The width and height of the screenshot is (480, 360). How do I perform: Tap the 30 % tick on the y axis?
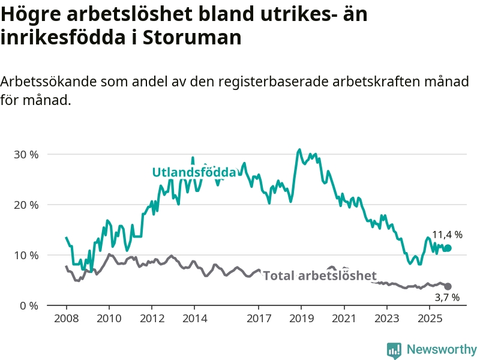[x=26, y=154]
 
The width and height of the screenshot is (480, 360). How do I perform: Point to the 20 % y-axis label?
[x=26, y=205]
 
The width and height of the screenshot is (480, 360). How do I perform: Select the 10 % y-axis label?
[x=26, y=255]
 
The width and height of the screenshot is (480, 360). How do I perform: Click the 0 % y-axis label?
[x=28, y=305]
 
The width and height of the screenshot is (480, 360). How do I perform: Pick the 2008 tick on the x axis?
[x=66, y=317]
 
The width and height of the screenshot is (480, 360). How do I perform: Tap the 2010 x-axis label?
[x=109, y=317]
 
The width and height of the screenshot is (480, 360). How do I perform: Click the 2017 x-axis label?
[x=259, y=317]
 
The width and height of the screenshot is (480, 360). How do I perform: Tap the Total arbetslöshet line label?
[x=320, y=276]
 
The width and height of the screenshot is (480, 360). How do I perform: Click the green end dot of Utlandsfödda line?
[x=448, y=248]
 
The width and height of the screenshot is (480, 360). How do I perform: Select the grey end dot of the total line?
[x=448, y=287]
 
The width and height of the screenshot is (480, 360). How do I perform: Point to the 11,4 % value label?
[x=448, y=235]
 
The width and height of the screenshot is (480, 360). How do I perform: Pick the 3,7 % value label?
[x=447, y=298]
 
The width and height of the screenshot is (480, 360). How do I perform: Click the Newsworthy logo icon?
[x=394, y=350]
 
